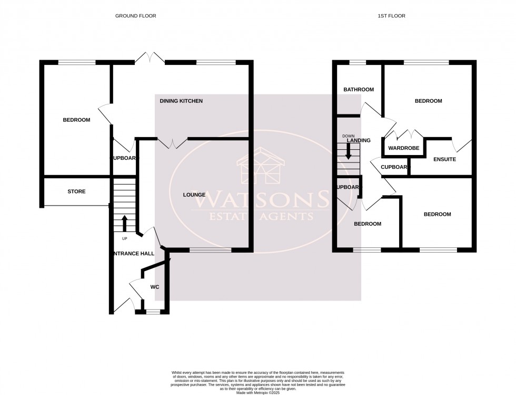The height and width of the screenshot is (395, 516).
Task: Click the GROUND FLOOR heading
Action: coord(135,16)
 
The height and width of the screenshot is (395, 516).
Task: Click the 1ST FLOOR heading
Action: coord(391,16)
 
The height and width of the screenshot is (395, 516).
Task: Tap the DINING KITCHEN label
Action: coord(181,101)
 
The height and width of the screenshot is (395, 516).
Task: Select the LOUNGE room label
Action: coord(194,195)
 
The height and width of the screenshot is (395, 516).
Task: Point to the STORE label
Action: coord(76,191)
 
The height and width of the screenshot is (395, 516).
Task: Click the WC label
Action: coord(154,287)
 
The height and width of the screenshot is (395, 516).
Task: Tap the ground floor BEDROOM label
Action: coord(76,120)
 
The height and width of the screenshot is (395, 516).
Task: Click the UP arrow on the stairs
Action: coord(125,223)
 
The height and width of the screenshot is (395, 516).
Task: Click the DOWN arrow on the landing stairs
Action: coord(348,152)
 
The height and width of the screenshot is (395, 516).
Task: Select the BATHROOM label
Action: coord(359,90)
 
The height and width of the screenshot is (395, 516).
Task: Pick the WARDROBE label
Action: coord(404,148)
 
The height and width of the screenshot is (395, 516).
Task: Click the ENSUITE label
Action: coord(444,159)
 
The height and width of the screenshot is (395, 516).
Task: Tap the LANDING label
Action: coord(362,140)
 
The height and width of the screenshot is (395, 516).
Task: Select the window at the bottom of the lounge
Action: coord(210,251)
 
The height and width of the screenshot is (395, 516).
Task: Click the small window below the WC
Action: coord(152,312)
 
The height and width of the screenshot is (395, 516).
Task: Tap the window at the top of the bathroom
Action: coord(358,63)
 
